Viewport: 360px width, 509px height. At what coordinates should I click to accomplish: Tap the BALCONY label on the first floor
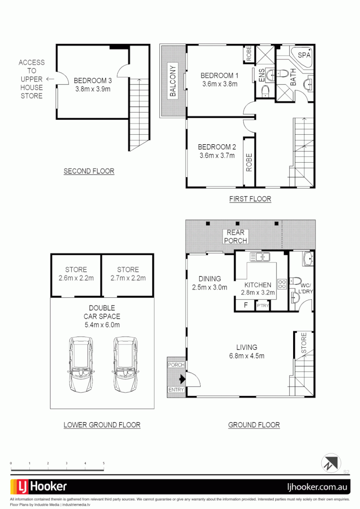[173, 86]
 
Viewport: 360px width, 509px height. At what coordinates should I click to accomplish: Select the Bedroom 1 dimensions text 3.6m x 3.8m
[219, 84]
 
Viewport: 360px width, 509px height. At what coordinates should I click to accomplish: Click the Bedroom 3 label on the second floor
[93, 80]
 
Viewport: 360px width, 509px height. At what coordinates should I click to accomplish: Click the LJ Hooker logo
[39, 486]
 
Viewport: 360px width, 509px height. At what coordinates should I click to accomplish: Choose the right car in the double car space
[124, 364]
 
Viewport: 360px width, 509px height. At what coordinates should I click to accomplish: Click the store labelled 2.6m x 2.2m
[76, 278]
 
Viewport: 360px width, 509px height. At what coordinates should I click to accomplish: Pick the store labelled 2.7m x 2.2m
[128, 278]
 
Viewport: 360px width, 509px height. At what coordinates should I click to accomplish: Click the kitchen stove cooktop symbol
[282, 284]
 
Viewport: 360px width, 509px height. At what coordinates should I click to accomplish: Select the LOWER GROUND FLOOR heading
[102, 425]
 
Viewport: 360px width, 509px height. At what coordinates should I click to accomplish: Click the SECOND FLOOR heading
[89, 171]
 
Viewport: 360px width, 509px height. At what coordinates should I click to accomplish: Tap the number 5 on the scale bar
[103, 464]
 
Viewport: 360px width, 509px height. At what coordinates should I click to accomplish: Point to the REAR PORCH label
[235, 237]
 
